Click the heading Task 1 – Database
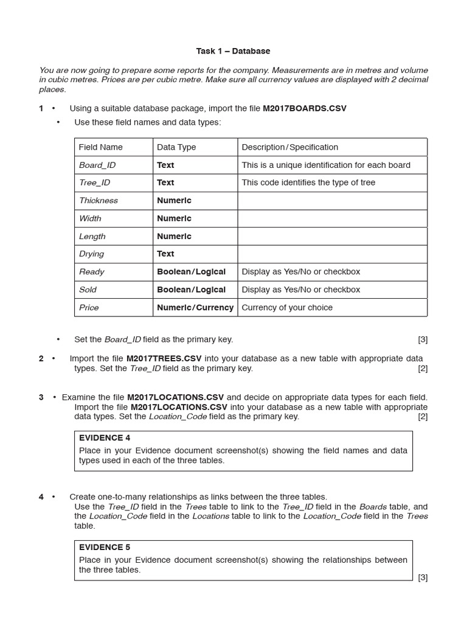233,51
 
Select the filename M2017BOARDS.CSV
304,108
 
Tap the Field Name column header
101,147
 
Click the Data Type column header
176,147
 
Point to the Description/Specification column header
289,147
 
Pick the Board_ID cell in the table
97,165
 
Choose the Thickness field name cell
99,200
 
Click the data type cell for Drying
165,254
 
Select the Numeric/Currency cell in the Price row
195,307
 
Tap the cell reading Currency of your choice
287,307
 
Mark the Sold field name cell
88,290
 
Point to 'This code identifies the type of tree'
308,183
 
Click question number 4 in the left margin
41,497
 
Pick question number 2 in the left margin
41,358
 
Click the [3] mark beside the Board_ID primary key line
423,339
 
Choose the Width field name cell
90,218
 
